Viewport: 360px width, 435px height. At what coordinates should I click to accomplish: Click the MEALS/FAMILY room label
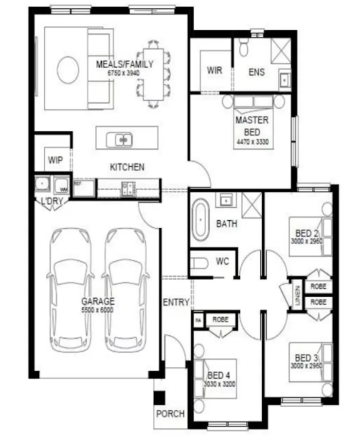[x=125, y=64]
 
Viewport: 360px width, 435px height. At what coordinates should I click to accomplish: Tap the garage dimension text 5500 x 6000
[x=98, y=309]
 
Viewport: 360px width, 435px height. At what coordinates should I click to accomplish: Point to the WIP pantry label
[x=55, y=160]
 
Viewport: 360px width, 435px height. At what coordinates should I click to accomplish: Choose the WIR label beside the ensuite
[x=214, y=71]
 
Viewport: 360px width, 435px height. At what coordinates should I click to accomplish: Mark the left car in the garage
[x=72, y=287]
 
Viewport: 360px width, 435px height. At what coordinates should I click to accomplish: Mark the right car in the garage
[x=125, y=287]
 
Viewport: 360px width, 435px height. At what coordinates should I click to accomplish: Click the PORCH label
[x=170, y=414]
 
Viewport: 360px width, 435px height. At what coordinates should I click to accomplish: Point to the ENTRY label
[x=176, y=302]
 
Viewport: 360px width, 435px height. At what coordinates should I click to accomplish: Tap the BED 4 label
[x=218, y=375]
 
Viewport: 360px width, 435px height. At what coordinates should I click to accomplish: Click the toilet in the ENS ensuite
[x=245, y=48]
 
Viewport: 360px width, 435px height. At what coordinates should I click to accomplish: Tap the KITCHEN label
[x=127, y=167]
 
